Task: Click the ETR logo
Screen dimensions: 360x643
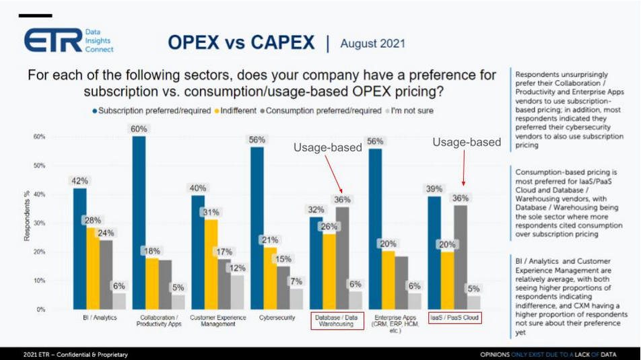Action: pyautogui.click(x=67, y=40)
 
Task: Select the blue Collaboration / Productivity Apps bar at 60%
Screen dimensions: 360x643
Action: pyautogui.click(x=139, y=222)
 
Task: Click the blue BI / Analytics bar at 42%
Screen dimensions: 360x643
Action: pyautogui.click(x=79, y=249)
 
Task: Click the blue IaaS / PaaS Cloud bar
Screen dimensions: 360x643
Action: pyautogui.click(x=434, y=252)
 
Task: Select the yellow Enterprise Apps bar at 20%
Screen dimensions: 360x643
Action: pyautogui.click(x=388, y=279)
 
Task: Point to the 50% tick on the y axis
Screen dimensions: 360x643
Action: pyautogui.click(x=40, y=166)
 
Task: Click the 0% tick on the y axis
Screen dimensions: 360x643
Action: pyautogui.click(x=41, y=310)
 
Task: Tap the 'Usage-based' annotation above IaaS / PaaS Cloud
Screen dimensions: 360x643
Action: pyautogui.click(x=467, y=142)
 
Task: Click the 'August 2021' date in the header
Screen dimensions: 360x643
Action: pyautogui.click(x=373, y=44)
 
